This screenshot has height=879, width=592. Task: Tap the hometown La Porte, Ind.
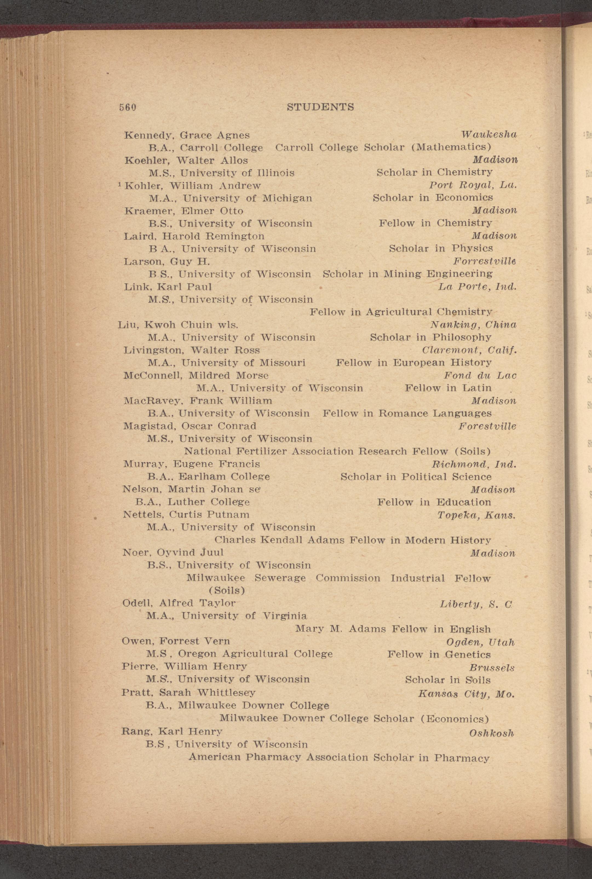point(477,286)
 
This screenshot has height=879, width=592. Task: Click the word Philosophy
point(461,337)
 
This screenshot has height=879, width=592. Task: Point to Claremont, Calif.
point(469,350)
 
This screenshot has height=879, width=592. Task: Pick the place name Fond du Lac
point(480,376)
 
